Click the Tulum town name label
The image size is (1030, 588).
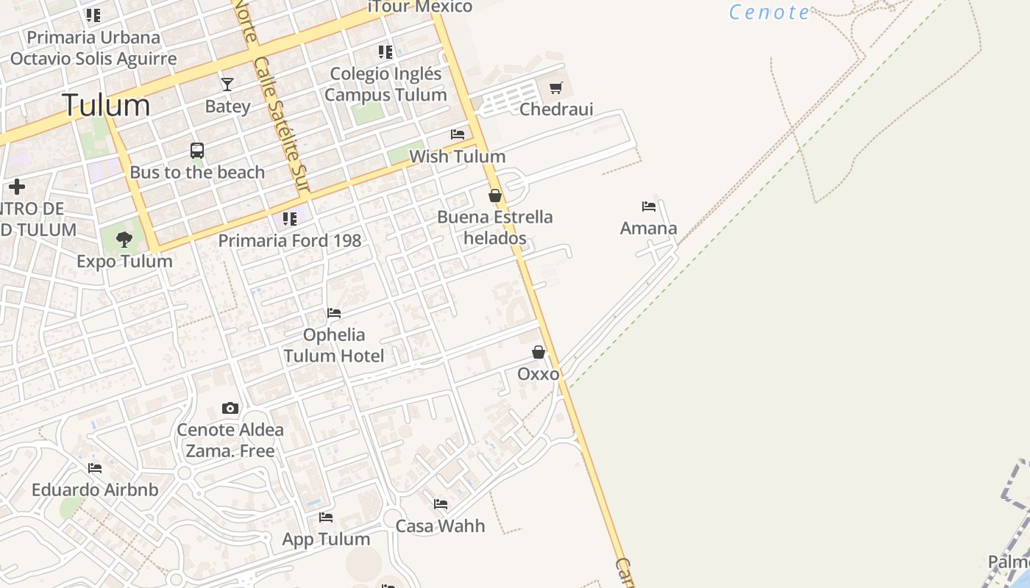click(x=106, y=105)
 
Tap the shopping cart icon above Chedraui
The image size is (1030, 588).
click(x=556, y=88)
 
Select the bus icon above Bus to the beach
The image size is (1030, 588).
click(x=197, y=151)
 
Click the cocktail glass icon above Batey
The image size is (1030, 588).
click(x=227, y=85)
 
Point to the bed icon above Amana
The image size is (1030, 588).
click(x=648, y=207)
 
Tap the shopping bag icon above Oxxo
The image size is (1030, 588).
click(x=539, y=352)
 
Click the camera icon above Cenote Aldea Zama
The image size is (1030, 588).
click(x=230, y=408)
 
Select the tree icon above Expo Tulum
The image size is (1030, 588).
click(x=124, y=239)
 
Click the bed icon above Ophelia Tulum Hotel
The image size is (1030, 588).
click(x=334, y=313)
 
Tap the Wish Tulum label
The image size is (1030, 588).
click(x=457, y=157)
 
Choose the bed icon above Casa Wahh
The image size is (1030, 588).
click(x=441, y=504)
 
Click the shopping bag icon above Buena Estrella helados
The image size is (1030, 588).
click(x=495, y=196)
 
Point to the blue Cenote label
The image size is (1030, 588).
click(x=770, y=12)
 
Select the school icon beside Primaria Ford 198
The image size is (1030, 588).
click(x=290, y=219)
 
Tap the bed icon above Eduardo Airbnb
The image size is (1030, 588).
click(x=95, y=467)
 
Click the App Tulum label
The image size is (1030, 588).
click(x=326, y=539)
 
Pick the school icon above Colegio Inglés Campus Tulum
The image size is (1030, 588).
click(x=386, y=52)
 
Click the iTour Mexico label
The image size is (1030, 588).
click(x=420, y=7)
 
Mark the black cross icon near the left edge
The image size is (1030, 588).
click(x=17, y=187)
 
